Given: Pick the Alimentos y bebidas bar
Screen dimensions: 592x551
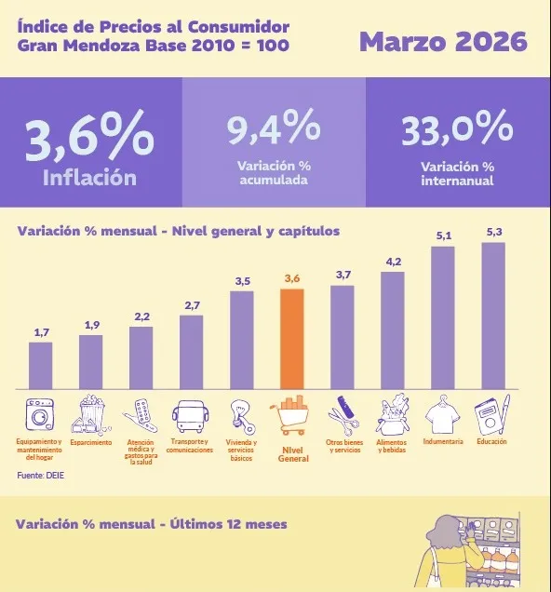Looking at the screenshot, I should click(x=393, y=330).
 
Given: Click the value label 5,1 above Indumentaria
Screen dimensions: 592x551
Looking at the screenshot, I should click(x=443, y=235).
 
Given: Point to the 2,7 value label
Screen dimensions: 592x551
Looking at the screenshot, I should click(x=192, y=305).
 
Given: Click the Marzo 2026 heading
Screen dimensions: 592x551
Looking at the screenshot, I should click(x=443, y=42).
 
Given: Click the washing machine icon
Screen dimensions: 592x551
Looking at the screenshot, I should click(x=41, y=413).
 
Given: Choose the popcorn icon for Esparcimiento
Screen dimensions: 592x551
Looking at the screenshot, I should click(x=91, y=413).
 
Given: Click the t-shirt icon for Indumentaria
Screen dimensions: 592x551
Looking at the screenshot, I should click(x=443, y=415).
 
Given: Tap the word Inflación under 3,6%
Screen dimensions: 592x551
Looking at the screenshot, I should click(x=89, y=177).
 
